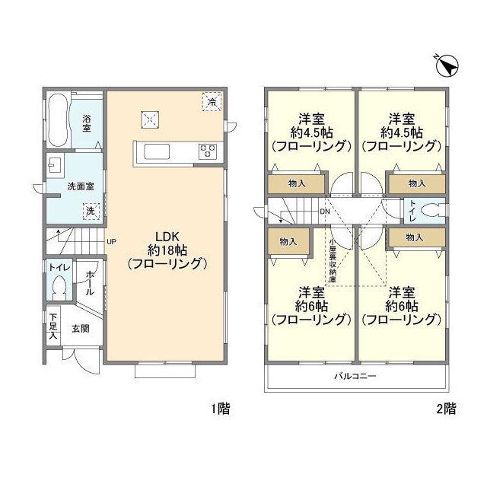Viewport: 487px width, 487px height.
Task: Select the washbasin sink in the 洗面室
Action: [56, 166]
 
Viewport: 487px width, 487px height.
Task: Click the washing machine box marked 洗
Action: [91, 212]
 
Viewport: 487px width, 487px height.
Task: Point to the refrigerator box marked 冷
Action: [212, 101]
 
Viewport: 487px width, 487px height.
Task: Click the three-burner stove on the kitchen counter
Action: [208, 152]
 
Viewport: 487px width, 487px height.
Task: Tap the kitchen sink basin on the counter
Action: [157, 152]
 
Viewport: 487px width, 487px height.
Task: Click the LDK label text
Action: [167, 237]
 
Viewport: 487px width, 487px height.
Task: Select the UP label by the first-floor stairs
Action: [111, 241]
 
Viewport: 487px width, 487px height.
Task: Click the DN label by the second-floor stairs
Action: [325, 212]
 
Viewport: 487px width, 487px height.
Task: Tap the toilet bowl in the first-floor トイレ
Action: [59, 288]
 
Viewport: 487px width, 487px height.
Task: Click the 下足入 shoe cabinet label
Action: [53, 326]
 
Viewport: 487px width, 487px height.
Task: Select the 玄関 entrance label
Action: [81, 328]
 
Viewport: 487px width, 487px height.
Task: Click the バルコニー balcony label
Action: [355, 377]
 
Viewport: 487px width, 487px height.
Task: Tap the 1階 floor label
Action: [221, 409]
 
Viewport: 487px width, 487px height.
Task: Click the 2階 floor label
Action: [447, 409]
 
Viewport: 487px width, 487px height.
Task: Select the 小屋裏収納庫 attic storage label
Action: [333, 260]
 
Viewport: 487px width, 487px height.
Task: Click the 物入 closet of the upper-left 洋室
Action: [297, 184]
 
